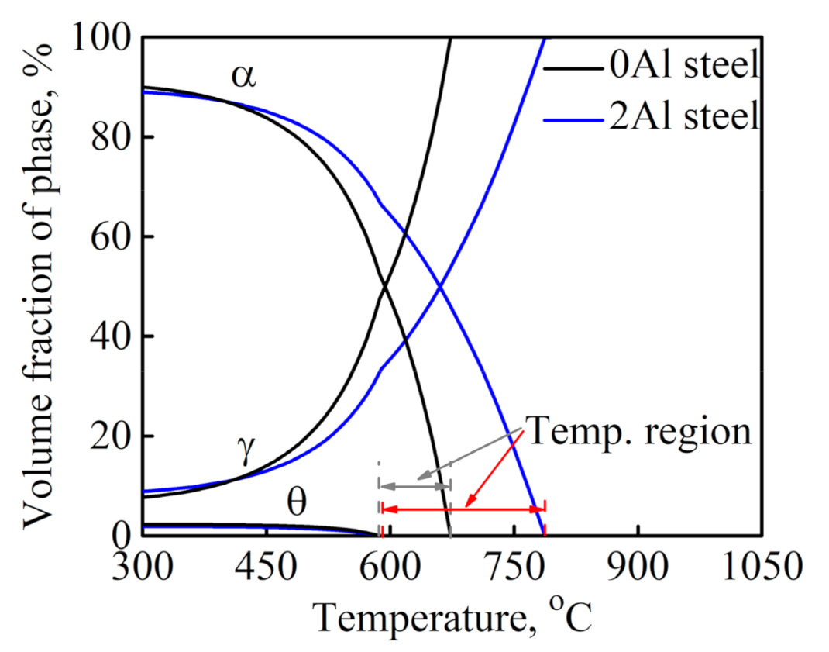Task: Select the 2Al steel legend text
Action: (x=683, y=118)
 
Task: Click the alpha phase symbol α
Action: (x=243, y=76)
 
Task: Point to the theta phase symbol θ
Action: (x=297, y=505)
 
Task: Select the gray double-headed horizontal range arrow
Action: (x=414, y=486)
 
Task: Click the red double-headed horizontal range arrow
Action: (x=463, y=509)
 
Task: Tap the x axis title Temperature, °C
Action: (x=453, y=618)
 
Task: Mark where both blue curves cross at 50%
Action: (x=440, y=287)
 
